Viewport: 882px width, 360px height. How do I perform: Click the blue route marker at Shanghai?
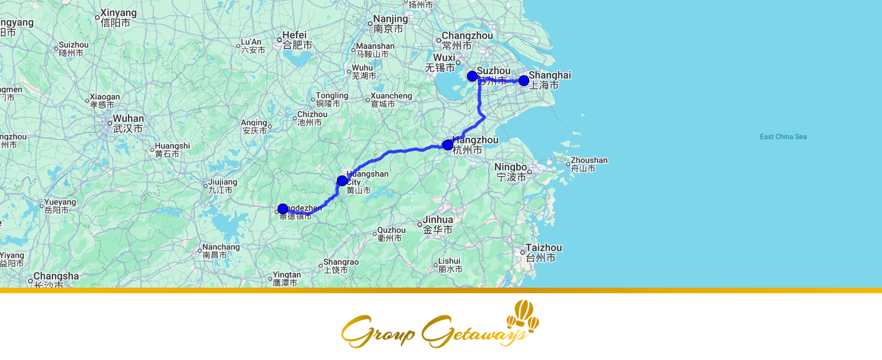pyautogui.click(x=523, y=80)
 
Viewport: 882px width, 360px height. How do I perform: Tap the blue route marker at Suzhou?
pyautogui.click(x=472, y=76)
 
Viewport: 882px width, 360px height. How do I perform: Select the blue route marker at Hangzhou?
pyautogui.click(x=448, y=145)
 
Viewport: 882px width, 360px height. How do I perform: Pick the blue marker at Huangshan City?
pyautogui.click(x=342, y=180)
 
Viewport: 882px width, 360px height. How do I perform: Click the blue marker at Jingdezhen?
pyautogui.click(x=283, y=209)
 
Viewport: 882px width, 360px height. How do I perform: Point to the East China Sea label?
pyautogui.click(x=783, y=137)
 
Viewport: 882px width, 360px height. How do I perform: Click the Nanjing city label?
pyautogui.click(x=390, y=24)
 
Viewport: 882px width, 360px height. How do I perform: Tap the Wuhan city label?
pyautogui.click(x=128, y=124)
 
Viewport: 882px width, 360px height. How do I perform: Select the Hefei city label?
pyautogui.click(x=297, y=40)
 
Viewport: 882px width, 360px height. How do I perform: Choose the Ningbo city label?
pyautogui.click(x=511, y=172)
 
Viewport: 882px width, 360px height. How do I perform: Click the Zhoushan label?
pyautogui.click(x=588, y=164)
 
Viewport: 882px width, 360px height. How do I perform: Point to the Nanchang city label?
pyautogui.click(x=220, y=251)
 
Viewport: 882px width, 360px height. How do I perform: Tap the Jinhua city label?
pyautogui.click(x=437, y=224)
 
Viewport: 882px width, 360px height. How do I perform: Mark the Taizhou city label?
pyautogui.click(x=543, y=252)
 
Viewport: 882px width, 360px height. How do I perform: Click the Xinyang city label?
pyautogui.click(x=118, y=18)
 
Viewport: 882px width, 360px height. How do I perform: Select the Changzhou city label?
pyautogui.click(x=467, y=40)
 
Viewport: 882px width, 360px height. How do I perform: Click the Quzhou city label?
pyautogui.click(x=391, y=234)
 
